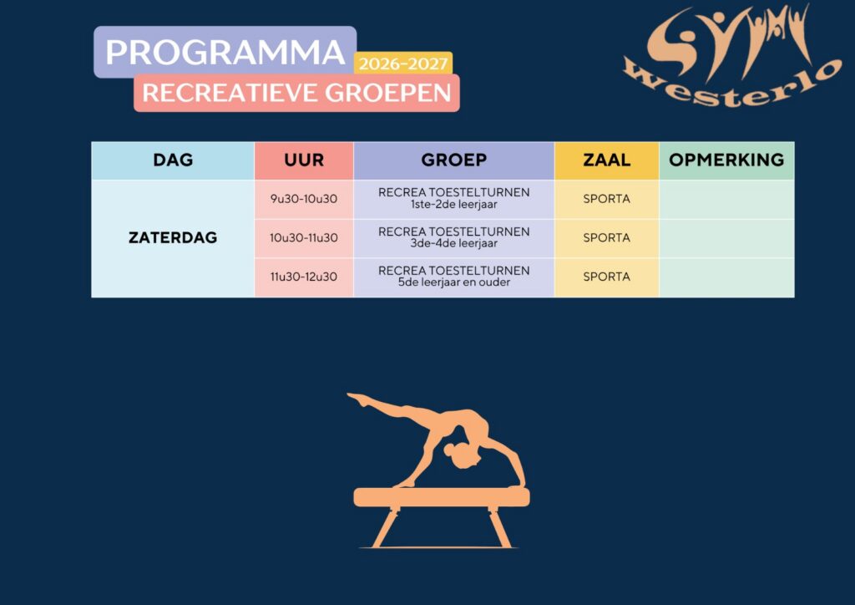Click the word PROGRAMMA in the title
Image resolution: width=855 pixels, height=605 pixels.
tap(225, 53)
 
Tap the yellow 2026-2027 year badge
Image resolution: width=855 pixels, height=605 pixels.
tap(403, 64)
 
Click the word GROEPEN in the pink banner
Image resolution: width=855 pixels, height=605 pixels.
tap(388, 93)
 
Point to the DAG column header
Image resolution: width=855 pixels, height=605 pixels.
tap(173, 160)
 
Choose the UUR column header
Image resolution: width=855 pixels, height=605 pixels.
tap(304, 160)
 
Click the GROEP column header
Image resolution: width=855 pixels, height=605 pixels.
tap(453, 160)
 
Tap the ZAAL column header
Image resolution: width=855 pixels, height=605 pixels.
tap(606, 160)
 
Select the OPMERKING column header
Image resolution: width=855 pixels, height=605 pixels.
tap(726, 160)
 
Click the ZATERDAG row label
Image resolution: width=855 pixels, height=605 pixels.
tap(173, 238)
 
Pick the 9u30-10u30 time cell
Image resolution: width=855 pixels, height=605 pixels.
tap(304, 199)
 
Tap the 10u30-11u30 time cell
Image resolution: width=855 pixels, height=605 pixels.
tap(304, 238)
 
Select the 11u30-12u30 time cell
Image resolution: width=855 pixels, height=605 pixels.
tap(304, 277)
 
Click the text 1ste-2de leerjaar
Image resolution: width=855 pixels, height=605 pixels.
tap(453, 205)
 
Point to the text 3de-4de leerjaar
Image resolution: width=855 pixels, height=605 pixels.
tap(453, 243)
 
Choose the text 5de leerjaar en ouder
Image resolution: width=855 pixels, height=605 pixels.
tap(453, 282)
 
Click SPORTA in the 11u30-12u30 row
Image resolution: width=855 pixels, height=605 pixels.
tap(606, 277)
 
